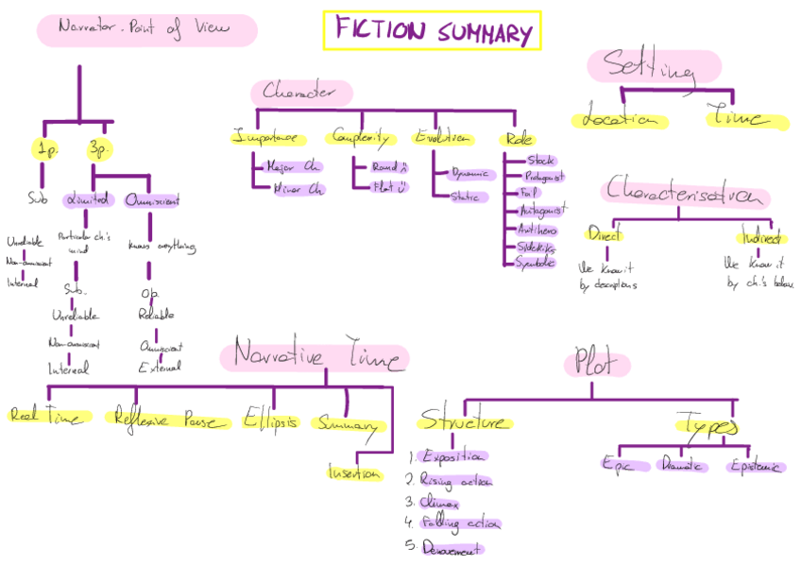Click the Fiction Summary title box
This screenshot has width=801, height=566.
[432, 31]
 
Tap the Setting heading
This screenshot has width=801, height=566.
[653, 67]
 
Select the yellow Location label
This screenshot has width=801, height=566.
[619, 120]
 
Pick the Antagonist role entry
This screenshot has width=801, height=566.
[537, 210]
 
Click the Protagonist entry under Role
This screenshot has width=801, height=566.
[536, 177]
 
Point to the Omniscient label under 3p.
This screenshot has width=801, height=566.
[152, 200]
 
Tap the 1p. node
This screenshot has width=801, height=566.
[44, 148]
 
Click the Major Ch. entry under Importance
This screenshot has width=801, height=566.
[294, 167]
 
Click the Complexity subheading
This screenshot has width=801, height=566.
[360, 138]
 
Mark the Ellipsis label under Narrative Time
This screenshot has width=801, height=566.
[270, 420]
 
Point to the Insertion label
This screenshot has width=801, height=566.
[355, 472]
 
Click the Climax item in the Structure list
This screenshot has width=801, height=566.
[439, 503]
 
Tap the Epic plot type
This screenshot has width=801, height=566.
[626, 464]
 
